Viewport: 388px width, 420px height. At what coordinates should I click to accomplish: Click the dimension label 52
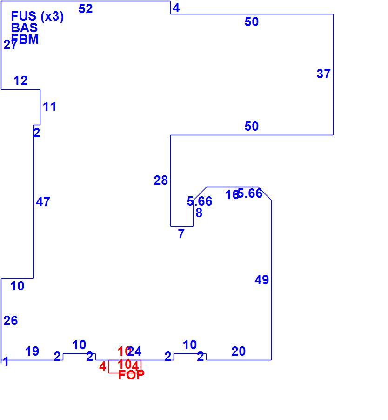(86, 8)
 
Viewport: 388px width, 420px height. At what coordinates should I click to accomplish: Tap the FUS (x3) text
(37, 17)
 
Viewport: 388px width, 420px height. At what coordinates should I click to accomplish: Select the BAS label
(24, 28)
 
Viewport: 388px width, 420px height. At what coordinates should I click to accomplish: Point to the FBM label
(25, 40)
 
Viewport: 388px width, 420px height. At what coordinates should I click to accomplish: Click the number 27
(10, 45)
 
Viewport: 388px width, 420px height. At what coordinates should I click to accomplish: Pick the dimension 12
(20, 81)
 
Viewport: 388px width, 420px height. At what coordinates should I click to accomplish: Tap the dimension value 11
(50, 107)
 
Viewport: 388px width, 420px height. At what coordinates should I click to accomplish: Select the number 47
(43, 202)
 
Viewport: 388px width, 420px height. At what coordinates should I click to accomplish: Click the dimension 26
(11, 320)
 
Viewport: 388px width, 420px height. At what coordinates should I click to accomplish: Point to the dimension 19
(32, 351)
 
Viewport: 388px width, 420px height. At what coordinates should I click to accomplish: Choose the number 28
(161, 180)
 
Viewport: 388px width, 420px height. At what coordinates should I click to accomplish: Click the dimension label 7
(181, 234)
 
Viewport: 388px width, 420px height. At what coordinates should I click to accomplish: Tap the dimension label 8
(199, 213)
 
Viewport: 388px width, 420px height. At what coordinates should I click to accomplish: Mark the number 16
(232, 195)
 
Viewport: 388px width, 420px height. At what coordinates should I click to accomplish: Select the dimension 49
(262, 280)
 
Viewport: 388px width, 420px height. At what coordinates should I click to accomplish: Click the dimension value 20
(238, 351)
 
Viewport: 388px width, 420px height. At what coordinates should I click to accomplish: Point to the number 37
(324, 74)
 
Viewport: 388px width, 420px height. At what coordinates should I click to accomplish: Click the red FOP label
(131, 375)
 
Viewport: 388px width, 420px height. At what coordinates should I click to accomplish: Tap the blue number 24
(135, 351)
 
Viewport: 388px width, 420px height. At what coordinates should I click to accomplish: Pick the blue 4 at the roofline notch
(176, 8)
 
